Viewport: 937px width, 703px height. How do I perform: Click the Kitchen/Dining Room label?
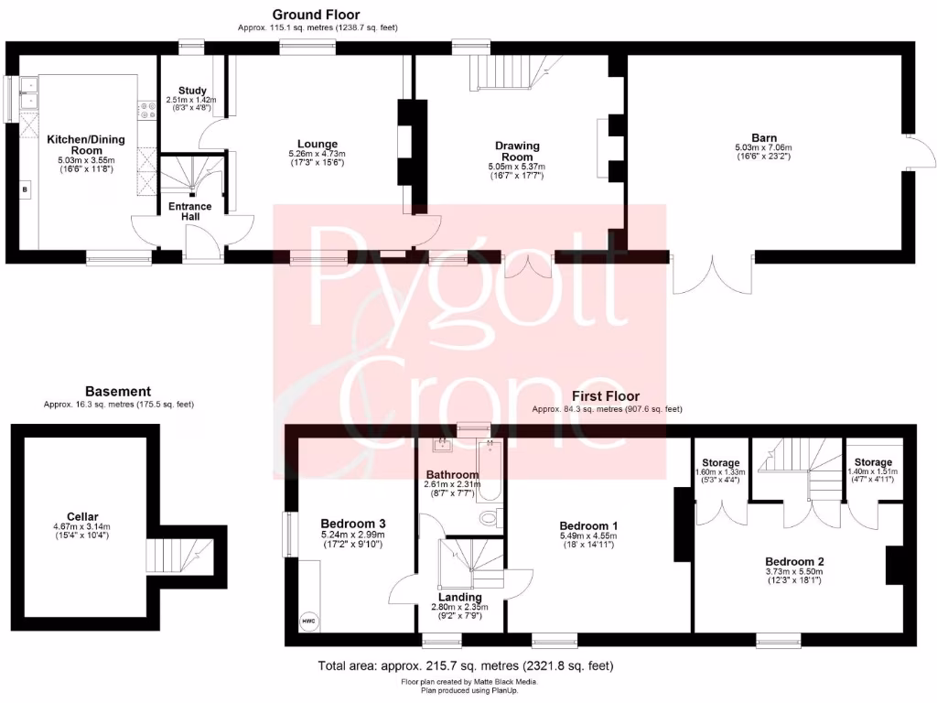pyautogui.click(x=87, y=145)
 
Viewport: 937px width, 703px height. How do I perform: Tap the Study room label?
pyautogui.click(x=192, y=91)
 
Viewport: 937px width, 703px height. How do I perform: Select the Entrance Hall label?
pyautogui.click(x=189, y=211)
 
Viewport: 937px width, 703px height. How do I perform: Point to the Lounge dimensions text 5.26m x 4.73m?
pyautogui.click(x=317, y=155)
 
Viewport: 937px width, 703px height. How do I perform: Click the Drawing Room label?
pyautogui.click(x=518, y=151)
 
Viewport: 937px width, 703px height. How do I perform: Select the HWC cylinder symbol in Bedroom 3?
pyautogui.click(x=307, y=622)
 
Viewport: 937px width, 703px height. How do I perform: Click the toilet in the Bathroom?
pyautogui.click(x=490, y=518)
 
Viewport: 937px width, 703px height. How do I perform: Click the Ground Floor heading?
pyautogui.click(x=317, y=15)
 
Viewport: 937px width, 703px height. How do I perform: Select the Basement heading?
pyautogui.click(x=118, y=391)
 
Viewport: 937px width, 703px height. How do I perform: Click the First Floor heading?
pyautogui.click(x=607, y=396)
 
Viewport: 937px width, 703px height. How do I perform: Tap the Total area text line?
pyautogui.click(x=465, y=665)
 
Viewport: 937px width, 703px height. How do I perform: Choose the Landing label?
pyautogui.click(x=459, y=598)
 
